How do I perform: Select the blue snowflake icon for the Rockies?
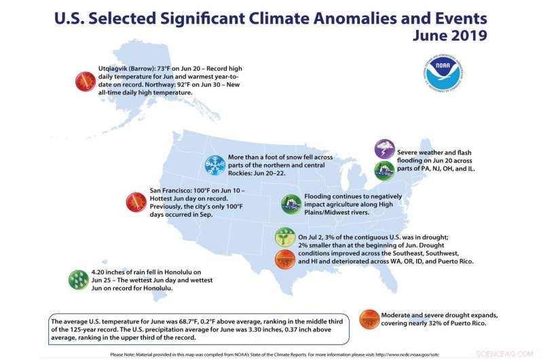click(x=215, y=164)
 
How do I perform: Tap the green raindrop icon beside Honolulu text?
click(x=79, y=278)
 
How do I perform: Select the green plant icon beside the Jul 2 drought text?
click(x=285, y=237)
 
